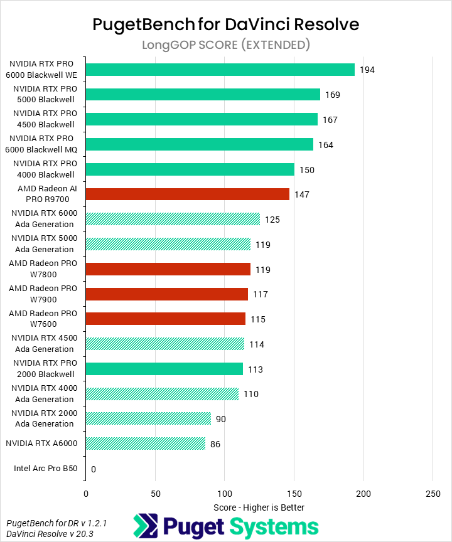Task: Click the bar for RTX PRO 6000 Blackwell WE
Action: tap(220, 70)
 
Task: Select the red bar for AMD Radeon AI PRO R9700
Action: tap(187, 194)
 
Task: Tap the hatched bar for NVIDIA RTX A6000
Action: tap(145, 444)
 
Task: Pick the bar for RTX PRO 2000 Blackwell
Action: tap(164, 369)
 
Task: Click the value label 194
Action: tap(367, 70)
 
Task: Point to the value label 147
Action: tap(302, 194)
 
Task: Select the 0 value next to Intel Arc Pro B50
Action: tap(94, 469)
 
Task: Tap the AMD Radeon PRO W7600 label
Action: tap(43, 319)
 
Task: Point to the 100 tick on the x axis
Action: tap(224, 494)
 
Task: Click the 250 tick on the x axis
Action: tap(432, 494)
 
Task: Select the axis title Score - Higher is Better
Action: tap(259, 507)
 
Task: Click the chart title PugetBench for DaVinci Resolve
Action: tap(226, 24)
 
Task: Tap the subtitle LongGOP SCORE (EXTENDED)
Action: tap(226, 45)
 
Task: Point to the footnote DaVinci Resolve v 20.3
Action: tap(50, 533)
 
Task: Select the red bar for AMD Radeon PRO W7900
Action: tap(166, 294)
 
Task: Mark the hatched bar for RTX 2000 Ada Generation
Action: tap(148, 419)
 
